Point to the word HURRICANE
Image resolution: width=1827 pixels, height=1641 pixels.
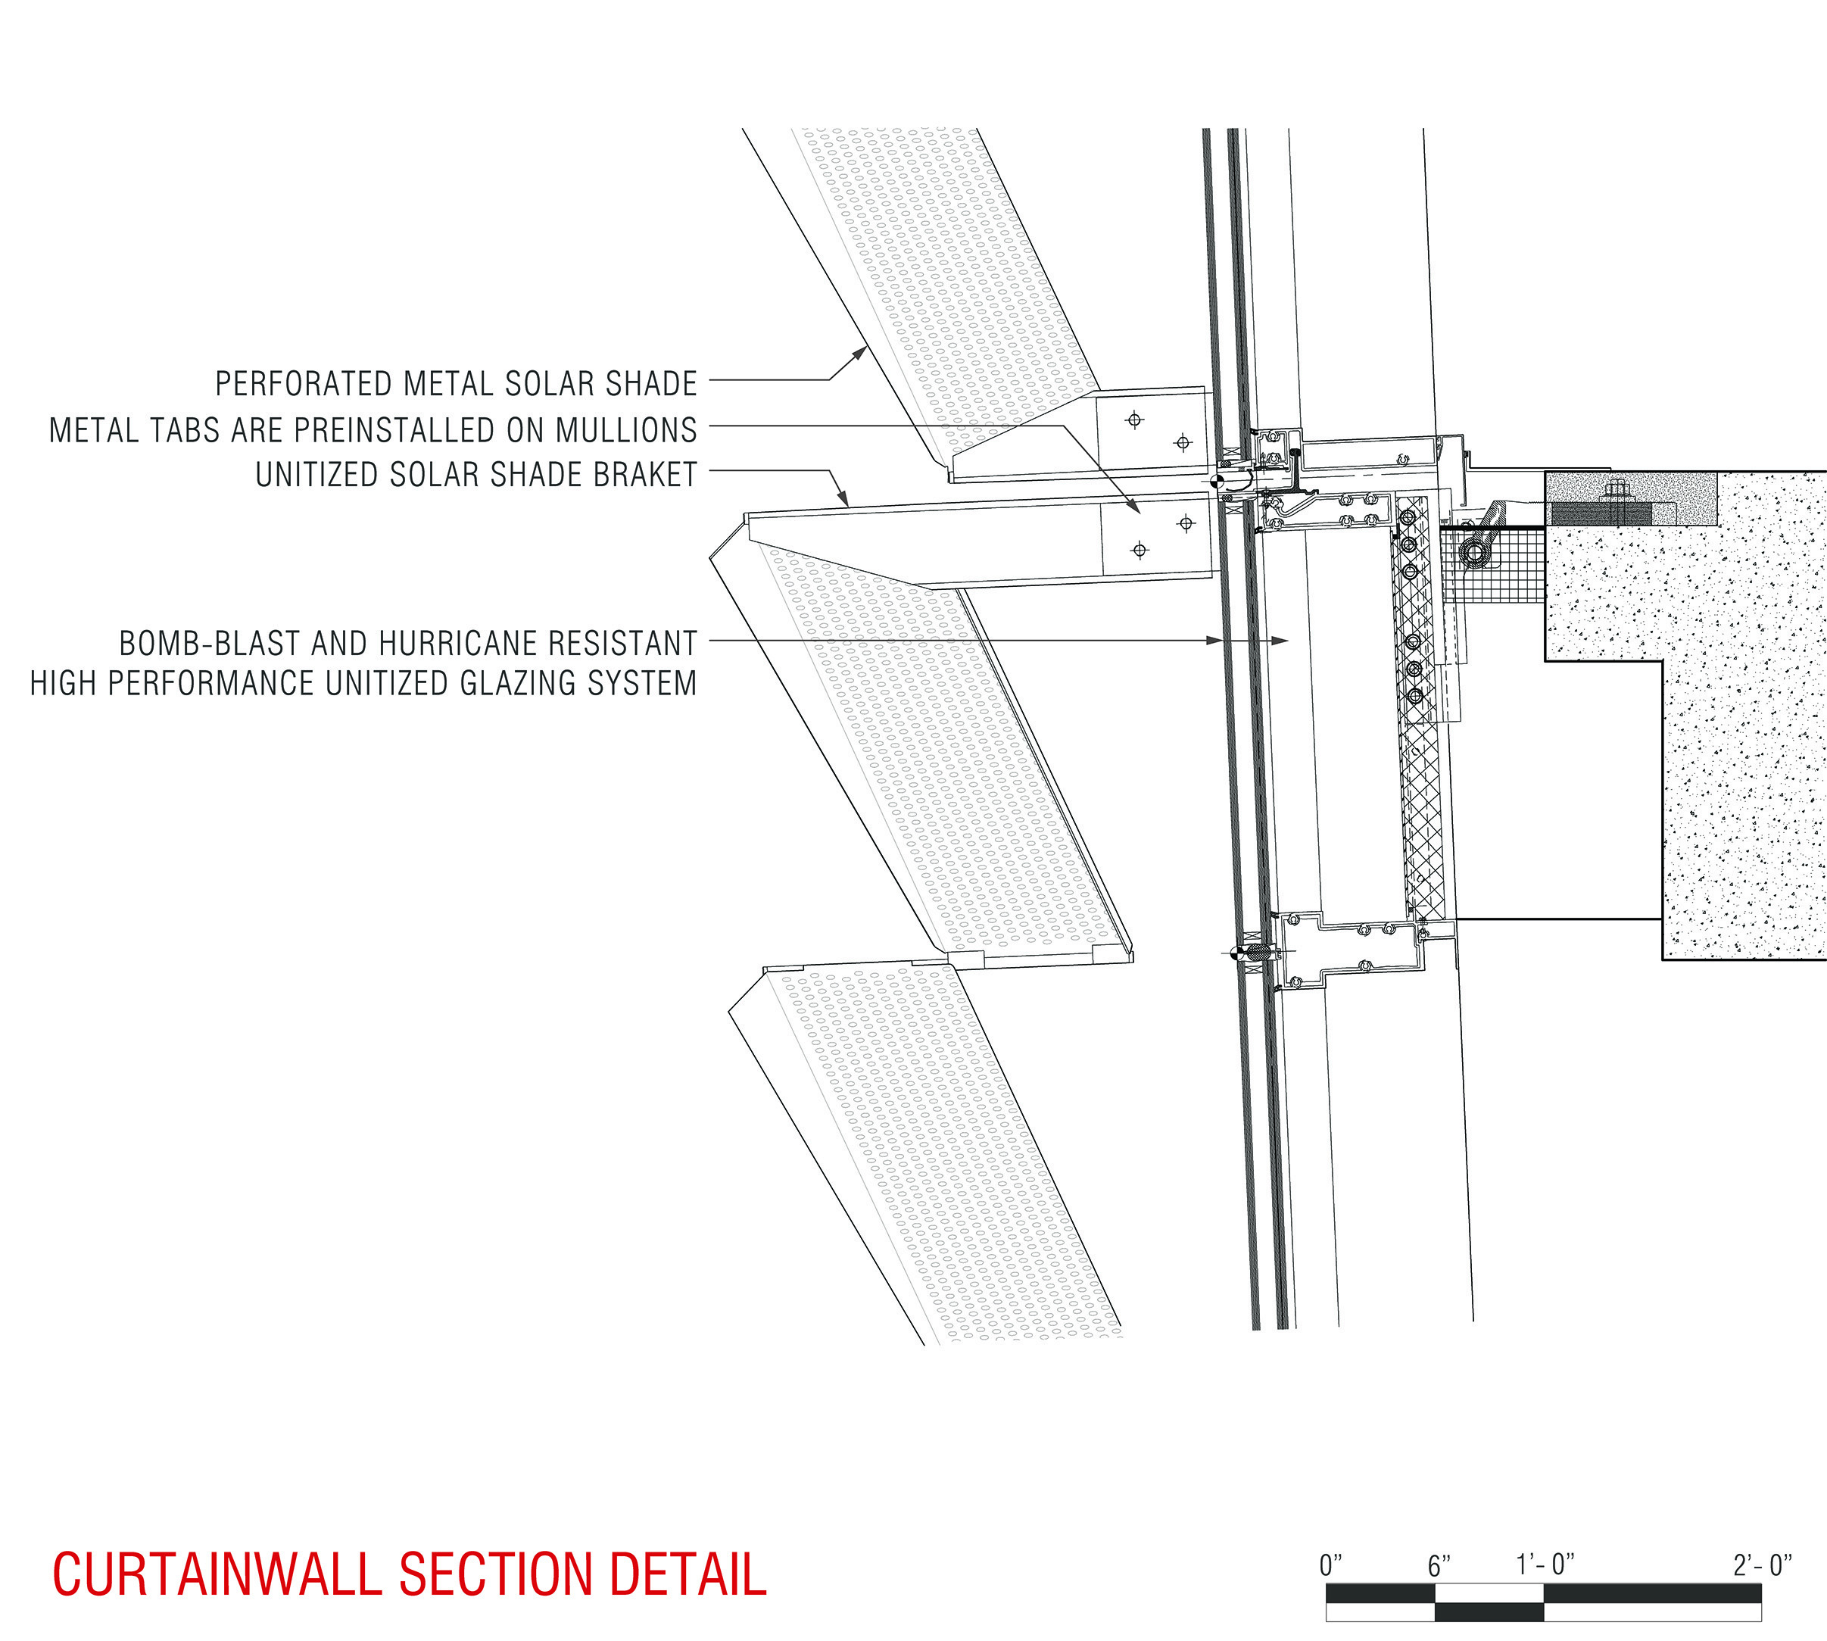click(x=422, y=643)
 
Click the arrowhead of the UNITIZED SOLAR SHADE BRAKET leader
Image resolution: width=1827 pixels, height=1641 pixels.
click(x=846, y=501)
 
